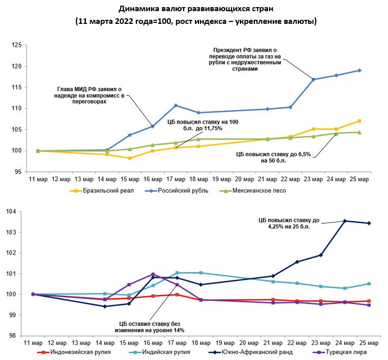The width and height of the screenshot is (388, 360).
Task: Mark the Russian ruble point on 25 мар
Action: [360, 70]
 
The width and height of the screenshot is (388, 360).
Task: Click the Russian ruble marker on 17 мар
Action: [175, 105]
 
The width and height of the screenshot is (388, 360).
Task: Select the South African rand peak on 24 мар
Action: [345, 221]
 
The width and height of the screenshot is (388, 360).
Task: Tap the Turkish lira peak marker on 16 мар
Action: [153, 275]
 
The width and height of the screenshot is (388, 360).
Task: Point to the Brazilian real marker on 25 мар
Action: [360, 121]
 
